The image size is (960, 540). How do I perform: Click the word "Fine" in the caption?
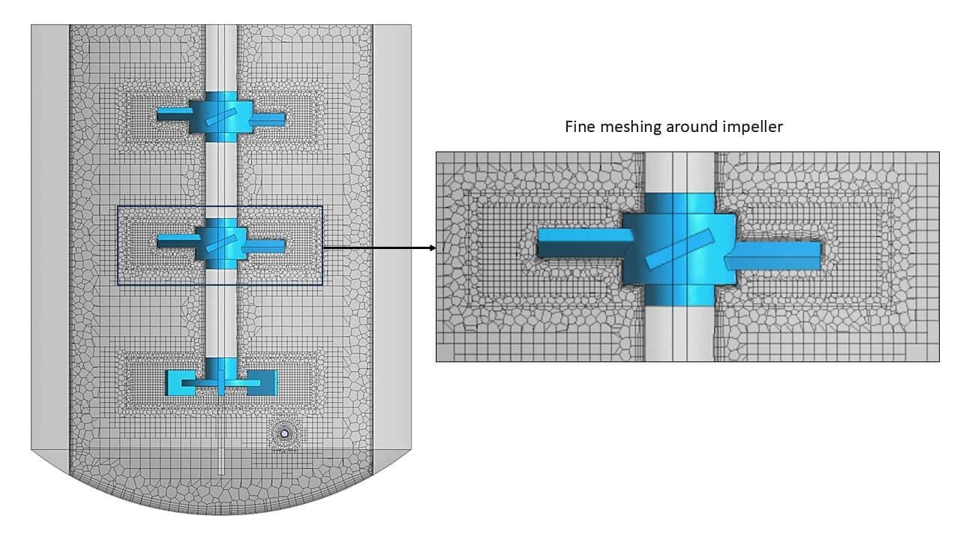pyautogui.click(x=580, y=127)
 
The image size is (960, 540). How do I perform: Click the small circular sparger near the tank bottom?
pyautogui.click(x=284, y=433)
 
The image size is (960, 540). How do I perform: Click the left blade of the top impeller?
pyautogui.click(x=174, y=115)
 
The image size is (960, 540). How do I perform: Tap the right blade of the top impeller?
pyautogui.click(x=268, y=118)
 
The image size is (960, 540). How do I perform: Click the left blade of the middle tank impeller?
pyautogui.click(x=174, y=240)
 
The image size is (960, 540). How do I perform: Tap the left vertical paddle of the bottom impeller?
pyautogui.click(x=175, y=382)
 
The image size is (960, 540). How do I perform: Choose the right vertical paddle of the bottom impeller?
pyautogui.click(x=268, y=382)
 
